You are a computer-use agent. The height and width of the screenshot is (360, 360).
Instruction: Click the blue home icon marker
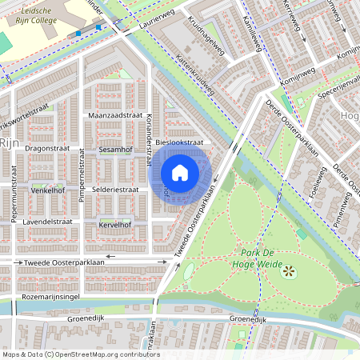180,173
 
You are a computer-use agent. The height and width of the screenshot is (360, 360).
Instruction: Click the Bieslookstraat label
180,142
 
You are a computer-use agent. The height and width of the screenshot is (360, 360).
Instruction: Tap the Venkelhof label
46,191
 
